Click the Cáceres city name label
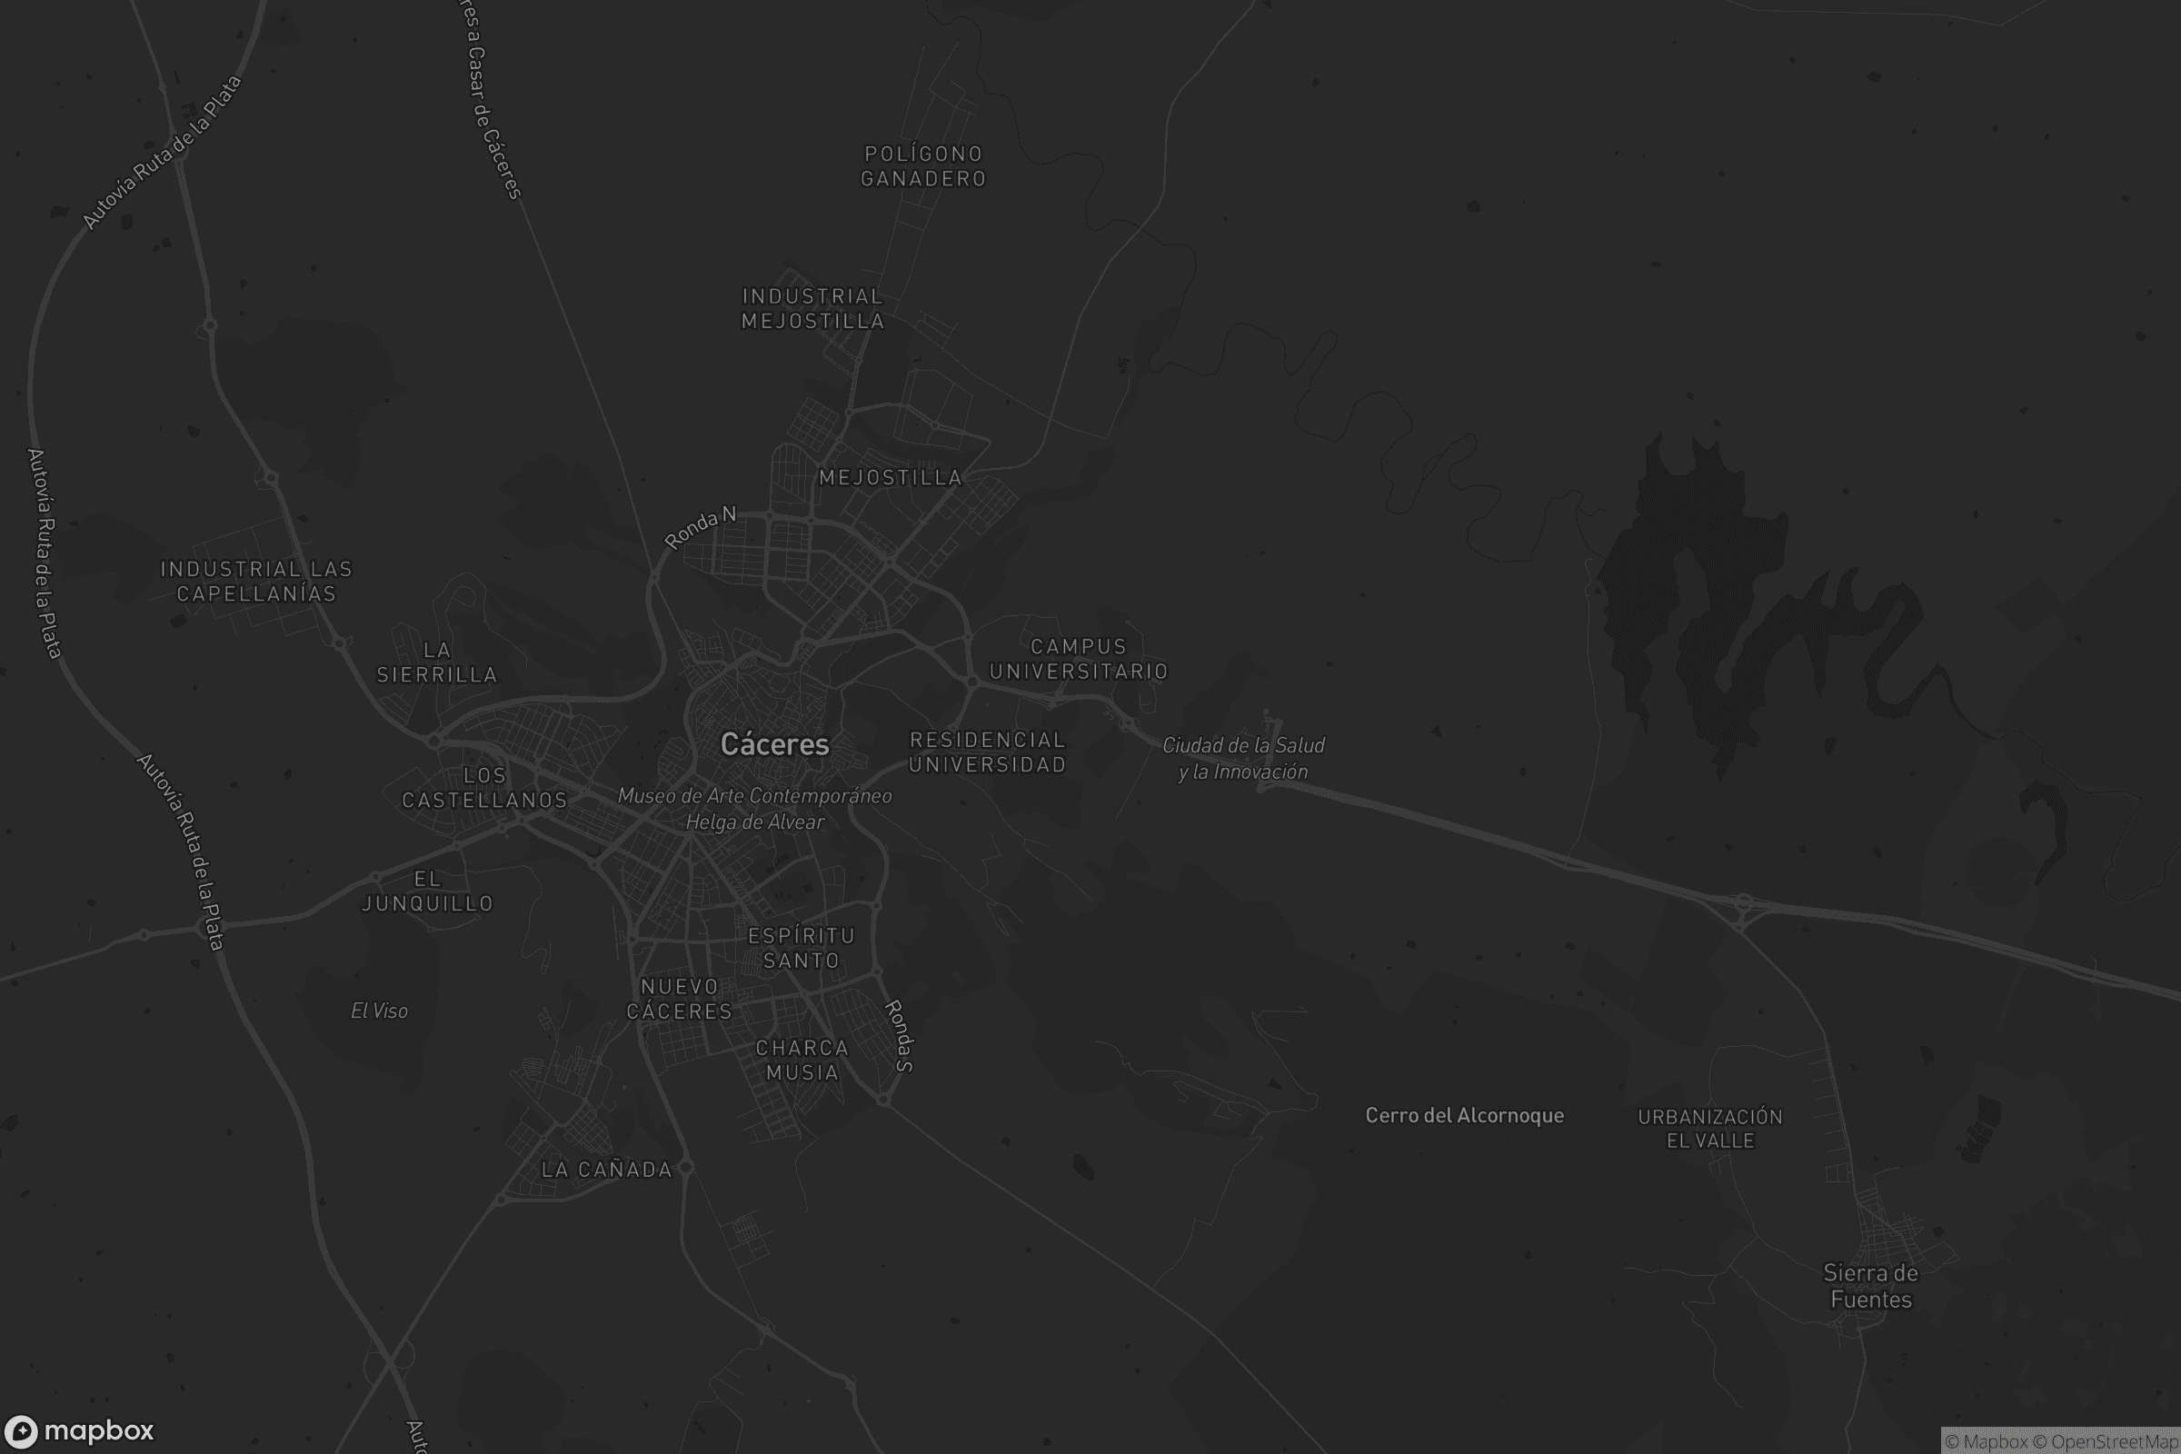pos(774,744)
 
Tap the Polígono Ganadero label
pos(922,166)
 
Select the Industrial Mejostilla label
pos(812,309)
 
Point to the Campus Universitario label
pos(1078,658)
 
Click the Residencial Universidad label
pos(987,752)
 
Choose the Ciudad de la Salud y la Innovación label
pos(1242,759)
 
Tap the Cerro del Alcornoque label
pos(1463,1116)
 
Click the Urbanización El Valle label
pos(1709,1129)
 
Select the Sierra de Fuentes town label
pos(1870,1286)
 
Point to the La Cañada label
pos(606,1170)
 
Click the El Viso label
pos(379,1011)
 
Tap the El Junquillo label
pos(426,891)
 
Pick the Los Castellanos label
pos(484,787)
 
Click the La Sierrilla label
pos(436,662)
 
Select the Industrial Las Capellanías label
pos(256,582)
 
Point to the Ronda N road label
pos(700,527)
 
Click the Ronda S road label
pos(900,1036)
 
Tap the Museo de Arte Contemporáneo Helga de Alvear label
pos(755,809)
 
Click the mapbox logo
pos(78,1430)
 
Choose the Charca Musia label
pos(802,1060)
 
